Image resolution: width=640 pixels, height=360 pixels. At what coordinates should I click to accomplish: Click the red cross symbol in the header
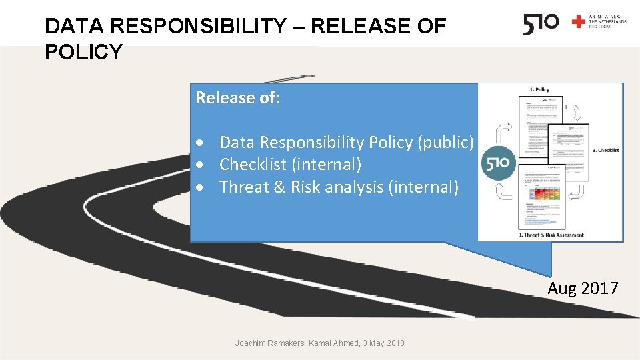point(579,22)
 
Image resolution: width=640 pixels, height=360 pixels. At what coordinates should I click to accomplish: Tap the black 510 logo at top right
point(541,24)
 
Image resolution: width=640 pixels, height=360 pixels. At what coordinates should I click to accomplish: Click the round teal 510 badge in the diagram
point(497,163)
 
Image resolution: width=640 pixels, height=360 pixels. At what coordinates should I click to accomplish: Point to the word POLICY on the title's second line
point(83,52)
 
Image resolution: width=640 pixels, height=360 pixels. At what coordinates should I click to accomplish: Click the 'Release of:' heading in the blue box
point(238,98)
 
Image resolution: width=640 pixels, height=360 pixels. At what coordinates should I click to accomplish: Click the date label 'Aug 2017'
point(583,288)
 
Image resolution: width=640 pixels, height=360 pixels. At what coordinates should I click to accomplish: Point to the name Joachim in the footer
point(251,343)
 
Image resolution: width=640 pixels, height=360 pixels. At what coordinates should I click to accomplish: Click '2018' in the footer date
point(394,343)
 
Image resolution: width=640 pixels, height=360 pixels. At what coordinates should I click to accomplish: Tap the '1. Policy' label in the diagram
point(539,89)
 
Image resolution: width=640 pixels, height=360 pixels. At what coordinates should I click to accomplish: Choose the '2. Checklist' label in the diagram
point(605,151)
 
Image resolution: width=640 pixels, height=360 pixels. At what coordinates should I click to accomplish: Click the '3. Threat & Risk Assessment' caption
point(551,235)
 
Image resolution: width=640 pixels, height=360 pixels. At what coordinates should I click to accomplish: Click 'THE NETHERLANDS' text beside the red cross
point(607,22)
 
